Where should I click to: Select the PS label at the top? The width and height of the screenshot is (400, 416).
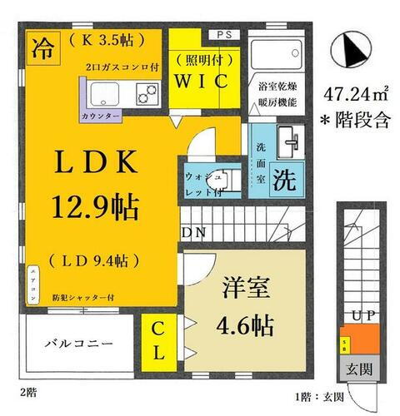tap(224, 35)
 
